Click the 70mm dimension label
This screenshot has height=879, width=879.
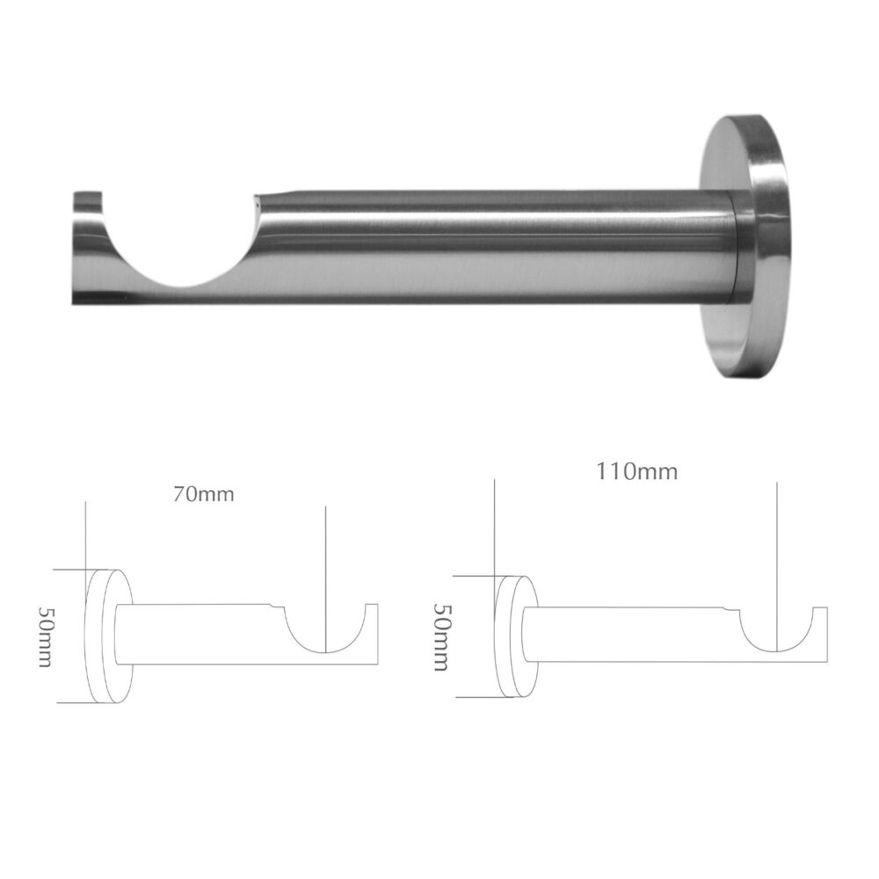click(204, 495)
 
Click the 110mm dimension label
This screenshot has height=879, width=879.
click(636, 471)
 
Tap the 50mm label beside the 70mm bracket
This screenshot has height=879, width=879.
click(45, 636)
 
